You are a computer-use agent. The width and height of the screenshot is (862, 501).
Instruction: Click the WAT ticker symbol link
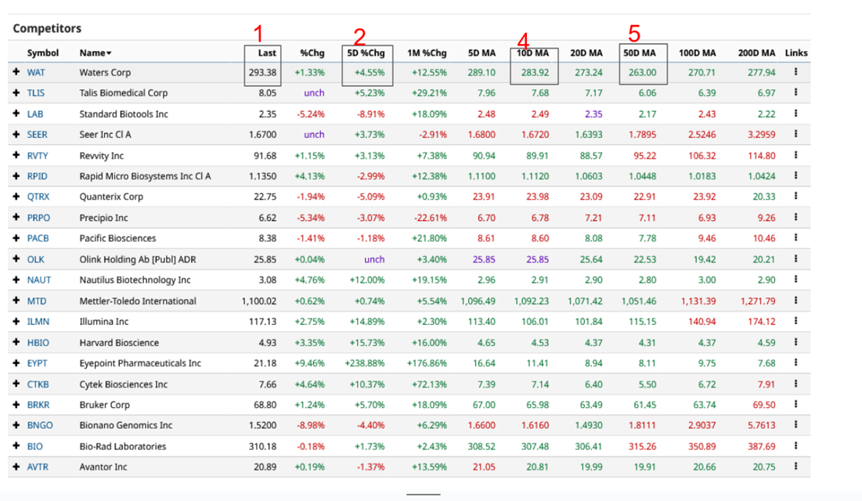36,73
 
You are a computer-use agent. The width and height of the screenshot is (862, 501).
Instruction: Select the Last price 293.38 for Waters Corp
261,73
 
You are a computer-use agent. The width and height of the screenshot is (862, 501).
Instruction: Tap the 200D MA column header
756,53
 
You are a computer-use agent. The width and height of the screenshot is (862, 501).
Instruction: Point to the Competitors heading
47,29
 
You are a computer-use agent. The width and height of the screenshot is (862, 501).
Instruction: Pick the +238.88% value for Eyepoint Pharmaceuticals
365,363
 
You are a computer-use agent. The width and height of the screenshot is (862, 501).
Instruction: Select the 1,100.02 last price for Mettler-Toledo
259,301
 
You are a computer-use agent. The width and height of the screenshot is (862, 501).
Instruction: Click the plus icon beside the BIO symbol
16,446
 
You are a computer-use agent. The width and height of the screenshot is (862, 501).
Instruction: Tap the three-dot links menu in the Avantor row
795,467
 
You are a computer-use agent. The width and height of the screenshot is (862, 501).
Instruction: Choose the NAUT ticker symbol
38,280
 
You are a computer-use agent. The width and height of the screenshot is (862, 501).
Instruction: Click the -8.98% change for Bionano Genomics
309,426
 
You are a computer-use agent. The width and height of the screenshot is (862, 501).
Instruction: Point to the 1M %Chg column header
427,53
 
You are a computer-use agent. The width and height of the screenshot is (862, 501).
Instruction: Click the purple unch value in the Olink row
374,259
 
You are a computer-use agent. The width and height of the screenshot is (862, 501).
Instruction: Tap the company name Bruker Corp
105,405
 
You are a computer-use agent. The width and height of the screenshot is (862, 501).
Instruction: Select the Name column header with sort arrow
95,53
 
